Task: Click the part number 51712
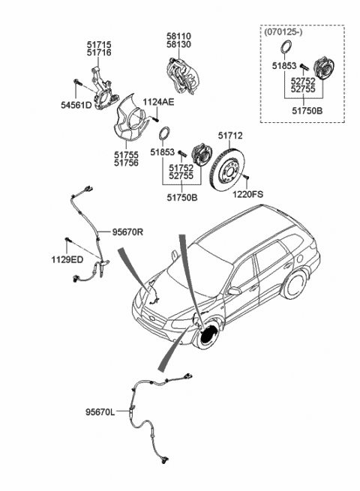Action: pyautogui.click(x=230, y=136)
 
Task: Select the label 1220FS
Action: pyautogui.click(x=247, y=194)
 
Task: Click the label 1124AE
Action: pyautogui.click(x=158, y=102)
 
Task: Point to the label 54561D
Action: pyautogui.click(x=76, y=105)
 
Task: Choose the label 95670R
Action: pyautogui.click(x=127, y=232)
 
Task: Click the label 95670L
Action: pyautogui.click(x=100, y=412)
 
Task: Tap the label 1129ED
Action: pyautogui.click(x=67, y=259)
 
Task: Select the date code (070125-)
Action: pyautogui.click(x=283, y=32)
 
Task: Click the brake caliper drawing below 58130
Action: pyautogui.click(x=182, y=76)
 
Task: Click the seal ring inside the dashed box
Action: pyautogui.click(x=285, y=47)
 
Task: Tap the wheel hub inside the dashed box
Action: pyautogui.click(x=324, y=68)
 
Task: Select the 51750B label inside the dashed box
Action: pyautogui.click(x=307, y=111)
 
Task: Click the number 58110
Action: pyautogui.click(x=178, y=36)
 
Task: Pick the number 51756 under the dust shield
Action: pyautogui.click(x=126, y=163)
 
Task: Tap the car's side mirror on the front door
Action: pyautogui.click(x=234, y=291)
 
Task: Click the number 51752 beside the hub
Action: pyautogui.click(x=181, y=169)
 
